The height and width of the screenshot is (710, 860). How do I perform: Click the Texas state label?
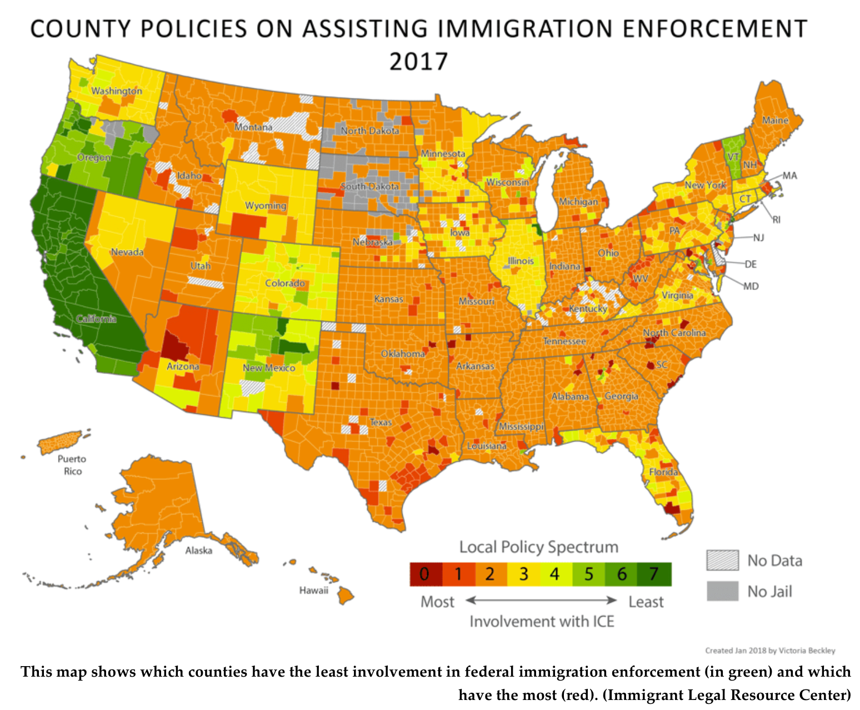point(381,422)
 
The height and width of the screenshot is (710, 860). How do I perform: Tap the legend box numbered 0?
point(426,574)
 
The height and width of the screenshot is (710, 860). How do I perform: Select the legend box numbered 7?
point(654,574)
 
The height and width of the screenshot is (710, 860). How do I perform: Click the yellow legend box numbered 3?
point(523,574)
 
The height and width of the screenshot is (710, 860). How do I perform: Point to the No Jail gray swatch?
point(722,591)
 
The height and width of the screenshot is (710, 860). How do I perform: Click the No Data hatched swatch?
point(722,560)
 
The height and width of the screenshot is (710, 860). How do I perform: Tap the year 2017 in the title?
point(418,62)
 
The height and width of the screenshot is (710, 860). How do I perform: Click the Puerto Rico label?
point(72,465)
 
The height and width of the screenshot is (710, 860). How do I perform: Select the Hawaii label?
point(313,590)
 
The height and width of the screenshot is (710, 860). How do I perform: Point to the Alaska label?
point(198,551)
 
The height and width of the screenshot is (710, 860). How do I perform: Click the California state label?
point(96,318)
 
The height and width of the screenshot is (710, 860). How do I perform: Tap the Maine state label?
point(775,120)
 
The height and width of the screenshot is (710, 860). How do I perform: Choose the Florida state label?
point(663,472)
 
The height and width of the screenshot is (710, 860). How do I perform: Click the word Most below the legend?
point(437,602)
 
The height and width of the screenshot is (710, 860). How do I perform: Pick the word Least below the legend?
point(646,602)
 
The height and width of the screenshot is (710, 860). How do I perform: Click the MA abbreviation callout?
point(789,176)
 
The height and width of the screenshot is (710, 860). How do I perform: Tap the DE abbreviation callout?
point(751,264)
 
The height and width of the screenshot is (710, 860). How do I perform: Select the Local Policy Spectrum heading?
point(538,547)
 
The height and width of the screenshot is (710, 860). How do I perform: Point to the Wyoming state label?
point(266,206)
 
